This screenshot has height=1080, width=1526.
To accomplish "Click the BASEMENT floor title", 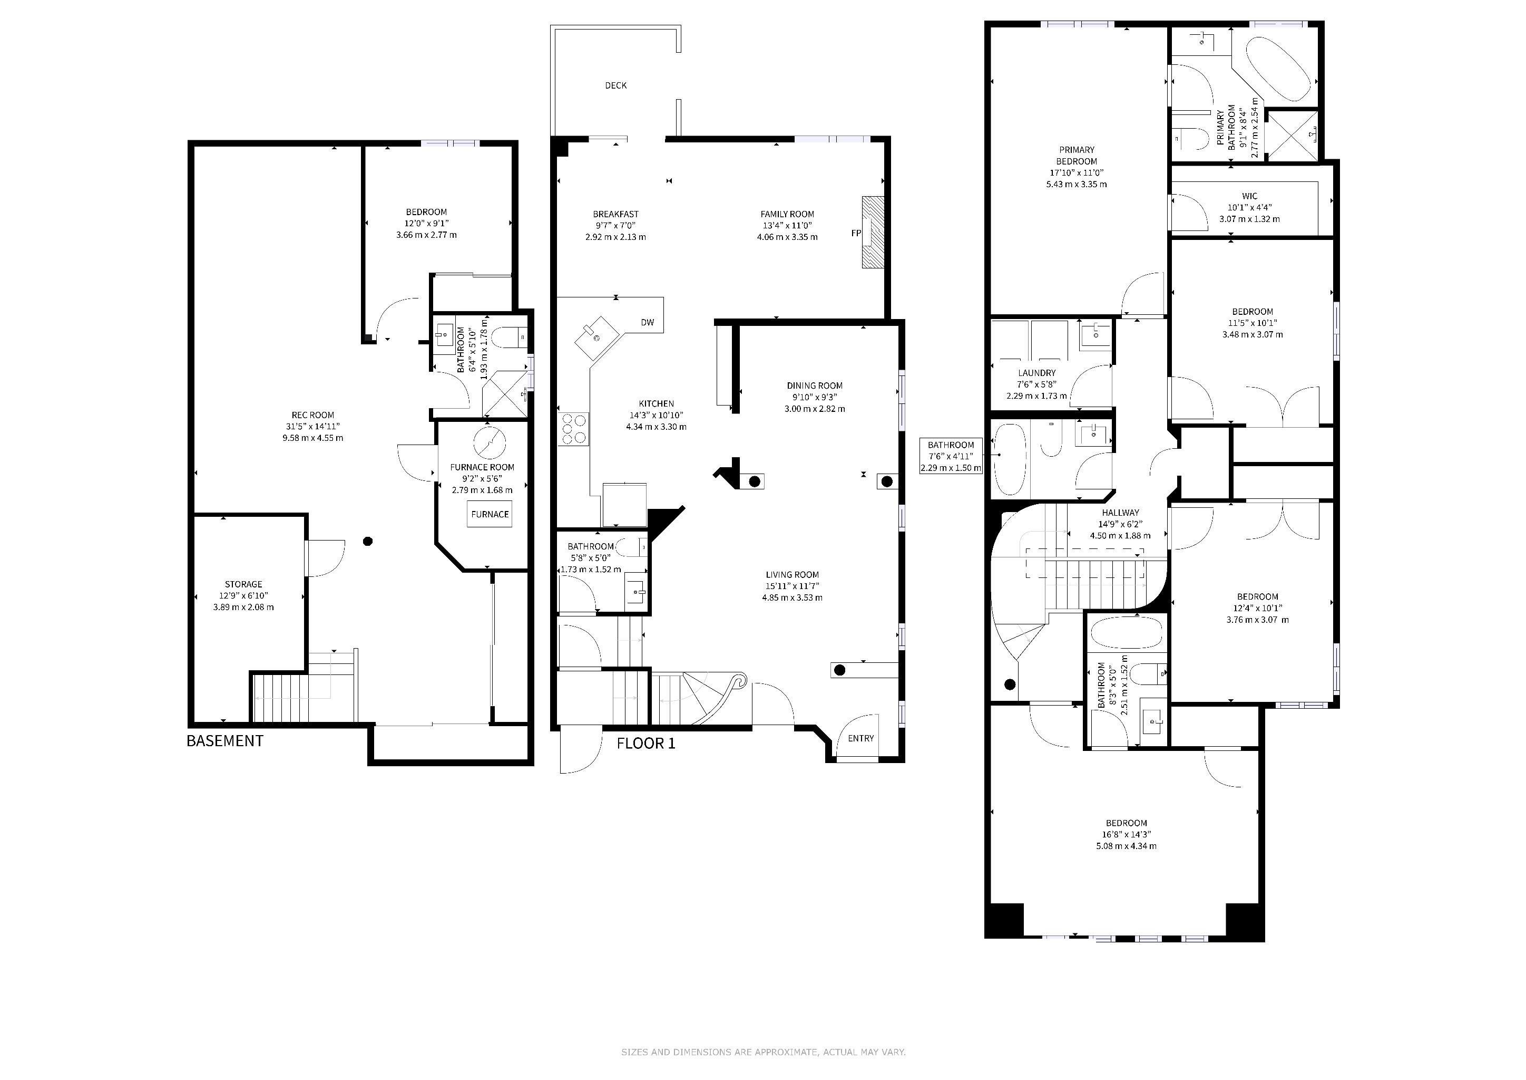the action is point(224,741).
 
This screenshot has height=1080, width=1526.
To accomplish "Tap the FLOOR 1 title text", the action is point(646,744).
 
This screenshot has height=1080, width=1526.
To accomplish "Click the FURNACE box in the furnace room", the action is point(490,514).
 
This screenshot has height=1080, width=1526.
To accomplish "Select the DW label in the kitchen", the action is point(648,323).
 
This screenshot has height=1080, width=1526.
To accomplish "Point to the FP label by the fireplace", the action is point(856,234).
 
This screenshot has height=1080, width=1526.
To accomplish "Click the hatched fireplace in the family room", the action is point(873,232).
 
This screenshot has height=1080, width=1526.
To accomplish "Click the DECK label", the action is point(616,85).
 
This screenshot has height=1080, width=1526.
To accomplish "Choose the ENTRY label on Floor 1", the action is point(860,738).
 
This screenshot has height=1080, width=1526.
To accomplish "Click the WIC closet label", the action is point(1249,196).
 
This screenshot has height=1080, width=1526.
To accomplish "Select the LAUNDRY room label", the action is point(1037,373).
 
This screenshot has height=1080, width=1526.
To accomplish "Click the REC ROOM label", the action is point(312,415).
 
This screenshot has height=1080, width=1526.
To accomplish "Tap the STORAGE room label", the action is point(243,584).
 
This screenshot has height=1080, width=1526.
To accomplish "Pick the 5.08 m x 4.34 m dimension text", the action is point(1127,846).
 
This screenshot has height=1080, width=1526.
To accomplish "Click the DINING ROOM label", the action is point(815,385).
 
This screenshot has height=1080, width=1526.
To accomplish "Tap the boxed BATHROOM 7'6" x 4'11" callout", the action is point(951,456).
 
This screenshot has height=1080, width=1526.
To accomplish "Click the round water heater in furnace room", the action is point(490,442).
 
